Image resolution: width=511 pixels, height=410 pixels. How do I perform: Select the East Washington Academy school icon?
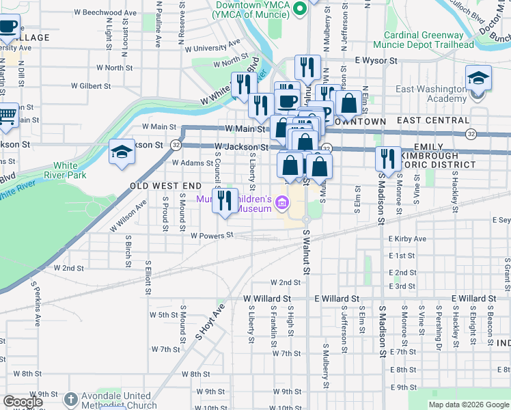479,78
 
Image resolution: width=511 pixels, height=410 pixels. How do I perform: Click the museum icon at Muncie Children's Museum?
281,203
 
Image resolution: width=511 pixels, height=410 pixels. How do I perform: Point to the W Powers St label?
212,235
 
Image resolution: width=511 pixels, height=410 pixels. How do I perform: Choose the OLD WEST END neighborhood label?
166,186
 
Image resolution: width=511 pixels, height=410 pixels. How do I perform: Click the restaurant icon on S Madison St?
387,159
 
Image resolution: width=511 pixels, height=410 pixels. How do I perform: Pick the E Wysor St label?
376,61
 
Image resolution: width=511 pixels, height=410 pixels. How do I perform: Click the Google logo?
22,402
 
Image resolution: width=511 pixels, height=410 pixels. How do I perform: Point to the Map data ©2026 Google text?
469,405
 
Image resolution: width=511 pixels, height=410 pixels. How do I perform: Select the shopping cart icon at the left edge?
7,115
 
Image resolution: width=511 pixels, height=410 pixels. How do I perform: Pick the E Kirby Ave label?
407,238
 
